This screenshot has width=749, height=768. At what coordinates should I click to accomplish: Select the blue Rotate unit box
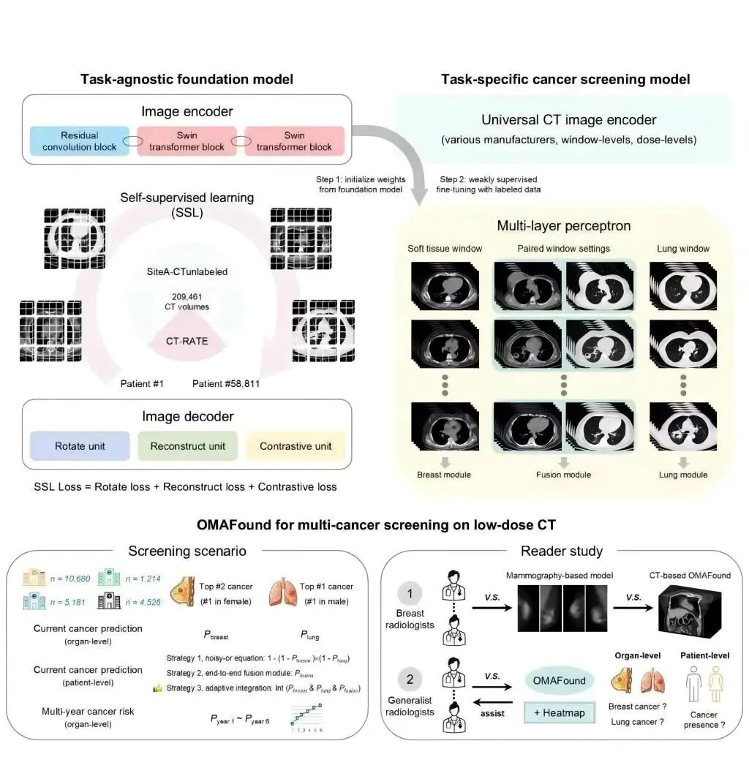point(80,445)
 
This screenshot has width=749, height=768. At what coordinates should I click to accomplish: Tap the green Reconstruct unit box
point(187,445)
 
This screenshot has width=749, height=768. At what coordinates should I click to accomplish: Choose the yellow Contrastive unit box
point(296,445)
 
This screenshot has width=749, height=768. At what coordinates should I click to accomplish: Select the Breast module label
point(444,475)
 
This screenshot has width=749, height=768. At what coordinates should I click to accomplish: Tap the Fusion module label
point(563,475)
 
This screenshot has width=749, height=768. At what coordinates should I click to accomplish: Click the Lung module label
point(682,475)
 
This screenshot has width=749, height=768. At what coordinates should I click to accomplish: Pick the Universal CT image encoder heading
point(568,120)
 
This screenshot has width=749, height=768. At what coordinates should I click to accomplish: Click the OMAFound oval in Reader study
point(560,680)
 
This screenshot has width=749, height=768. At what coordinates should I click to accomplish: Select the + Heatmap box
point(559,712)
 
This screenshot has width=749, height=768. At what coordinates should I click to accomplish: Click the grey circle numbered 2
point(410,680)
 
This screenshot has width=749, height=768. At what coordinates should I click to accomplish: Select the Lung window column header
point(682,249)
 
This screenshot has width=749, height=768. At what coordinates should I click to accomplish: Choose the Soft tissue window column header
point(445,249)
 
